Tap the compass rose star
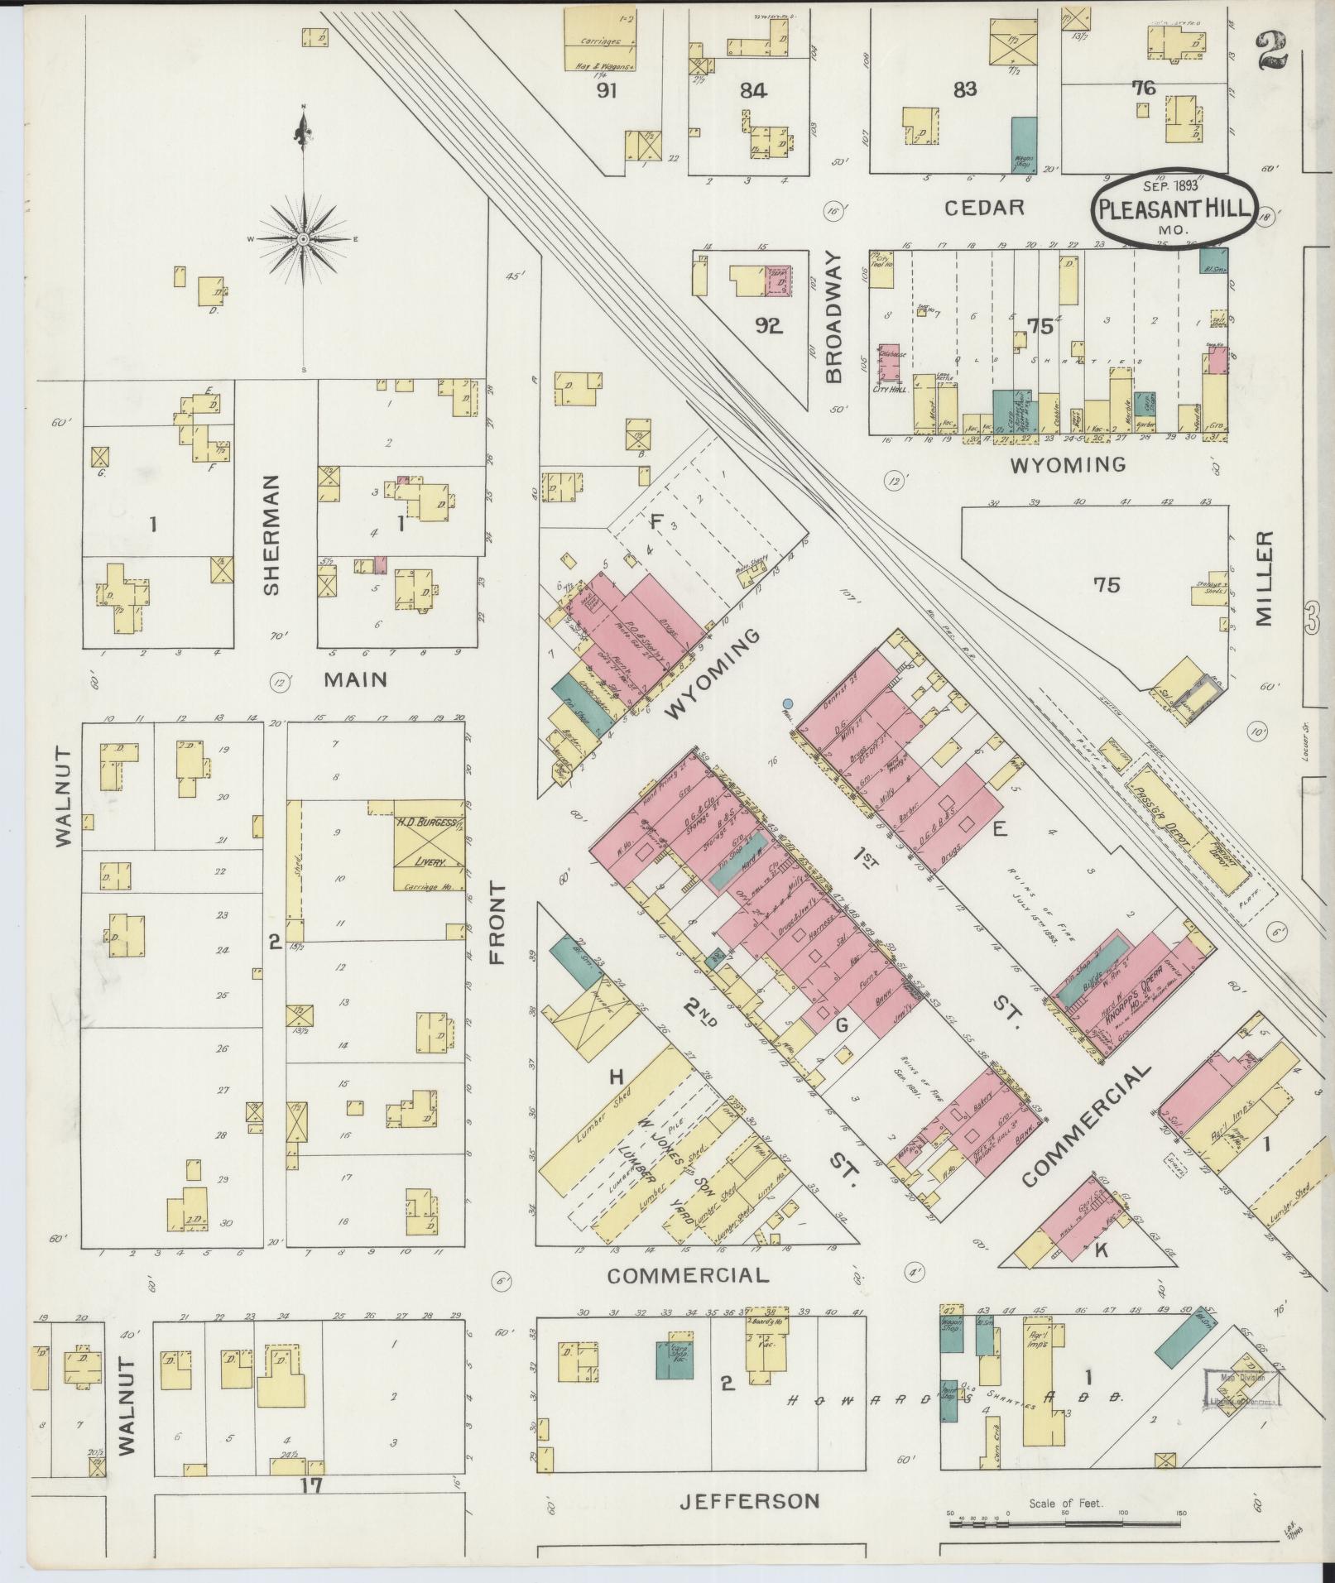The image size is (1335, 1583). [x=304, y=238]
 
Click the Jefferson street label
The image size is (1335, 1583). [x=749, y=1500]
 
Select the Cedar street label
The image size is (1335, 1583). [x=985, y=207]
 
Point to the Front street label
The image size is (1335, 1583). [x=497, y=922]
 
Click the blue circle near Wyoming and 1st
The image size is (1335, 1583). [x=787, y=705]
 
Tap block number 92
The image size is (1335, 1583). [x=768, y=326]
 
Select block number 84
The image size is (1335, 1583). [x=752, y=92]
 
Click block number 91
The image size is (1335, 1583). [x=608, y=91]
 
